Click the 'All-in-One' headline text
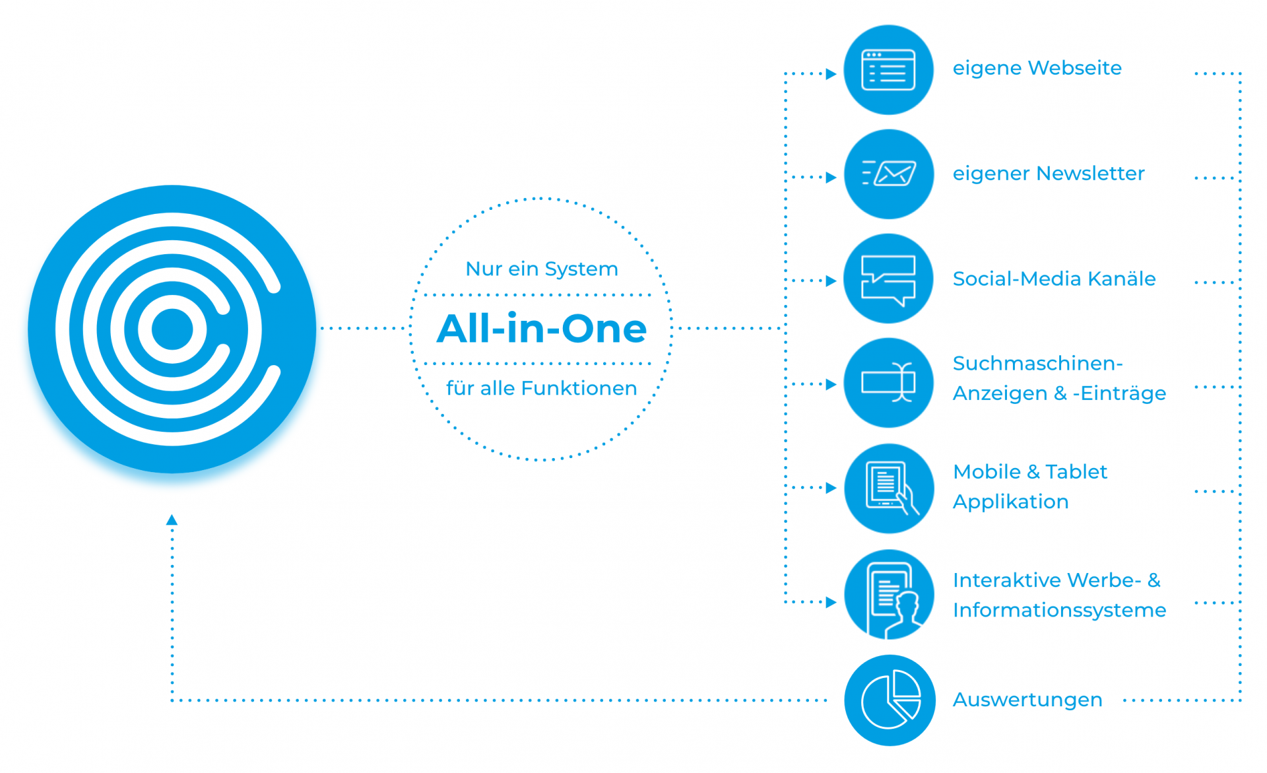point(541,329)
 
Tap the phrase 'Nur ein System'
point(541,269)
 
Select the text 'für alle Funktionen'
point(541,388)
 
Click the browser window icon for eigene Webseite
point(888,70)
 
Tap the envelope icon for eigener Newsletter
point(888,174)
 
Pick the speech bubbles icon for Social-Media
point(888,279)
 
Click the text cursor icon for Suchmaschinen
point(888,383)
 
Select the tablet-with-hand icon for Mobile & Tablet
point(888,488)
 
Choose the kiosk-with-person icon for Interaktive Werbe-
point(888,594)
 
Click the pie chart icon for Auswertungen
point(890,700)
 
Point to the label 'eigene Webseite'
point(1037,68)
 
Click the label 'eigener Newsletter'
point(1048,174)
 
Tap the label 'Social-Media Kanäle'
point(1054,279)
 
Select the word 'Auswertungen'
point(1027,700)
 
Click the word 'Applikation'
point(1010,502)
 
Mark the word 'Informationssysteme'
point(1059,610)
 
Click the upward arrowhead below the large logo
point(172,520)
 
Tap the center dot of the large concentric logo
point(172,329)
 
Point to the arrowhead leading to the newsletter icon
point(831,177)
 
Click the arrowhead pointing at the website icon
point(831,74)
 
